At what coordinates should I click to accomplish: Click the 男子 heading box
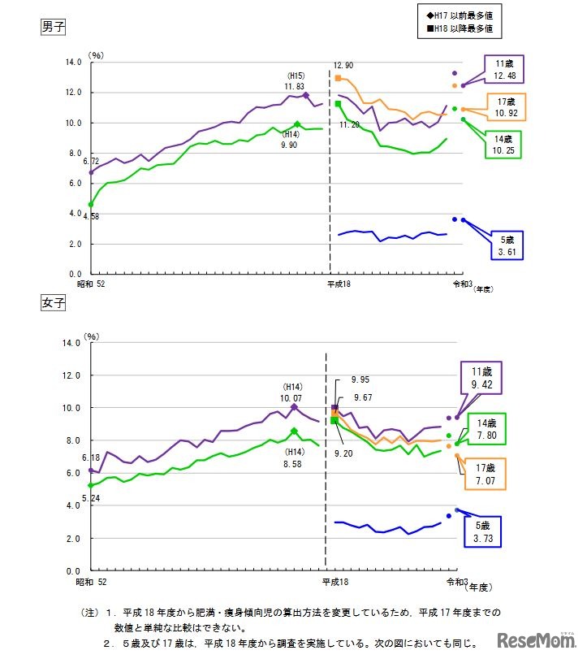54,26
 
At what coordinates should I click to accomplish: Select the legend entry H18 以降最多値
459,29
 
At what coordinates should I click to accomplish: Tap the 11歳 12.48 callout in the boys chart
502,69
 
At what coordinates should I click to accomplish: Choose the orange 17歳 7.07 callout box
486,475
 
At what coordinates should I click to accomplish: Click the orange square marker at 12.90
338,78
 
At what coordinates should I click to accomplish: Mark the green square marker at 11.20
338,104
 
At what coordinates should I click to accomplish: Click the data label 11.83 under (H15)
294,86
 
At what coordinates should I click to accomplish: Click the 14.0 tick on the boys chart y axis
74,62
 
